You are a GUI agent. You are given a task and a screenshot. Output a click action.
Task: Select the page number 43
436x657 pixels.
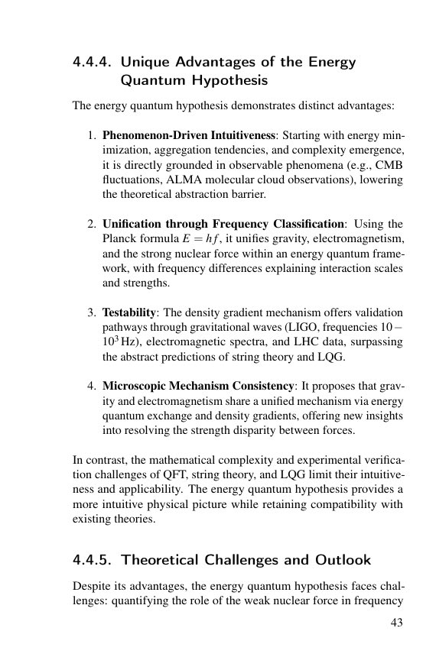(x=396, y=623)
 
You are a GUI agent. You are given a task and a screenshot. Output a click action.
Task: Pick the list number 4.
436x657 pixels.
(x=90, y=387)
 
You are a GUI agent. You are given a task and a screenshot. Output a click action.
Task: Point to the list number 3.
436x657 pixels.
(x=90, y=313)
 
